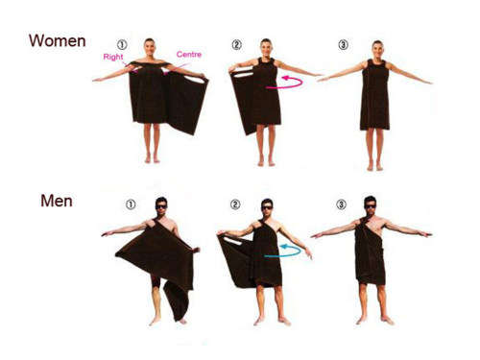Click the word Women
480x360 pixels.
(x=58, y=41)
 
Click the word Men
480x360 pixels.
(x=57, y=201)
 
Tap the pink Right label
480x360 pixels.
(x=113, y=57)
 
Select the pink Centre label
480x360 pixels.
(x=189, y=55)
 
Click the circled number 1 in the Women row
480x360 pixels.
(x=122, y=44)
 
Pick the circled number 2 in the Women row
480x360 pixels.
(x=236, y=44)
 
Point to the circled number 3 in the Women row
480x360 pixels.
(x=343, y=44)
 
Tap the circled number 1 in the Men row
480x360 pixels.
(x=131, y=204)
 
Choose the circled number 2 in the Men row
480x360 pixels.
(x=235, y=204)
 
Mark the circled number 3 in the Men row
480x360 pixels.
(x=341, y=204)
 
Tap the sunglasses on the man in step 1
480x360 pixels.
(x=161, y=206)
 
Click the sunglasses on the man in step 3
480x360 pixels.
(x=371, y=206)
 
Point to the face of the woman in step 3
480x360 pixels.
(x=377, y=50)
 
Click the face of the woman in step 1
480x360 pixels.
(x=149, y=48)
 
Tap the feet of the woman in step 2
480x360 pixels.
(x=266, y=162)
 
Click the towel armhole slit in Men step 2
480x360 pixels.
(x=233, y=241)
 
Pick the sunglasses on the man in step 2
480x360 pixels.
(x=267, y=207)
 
